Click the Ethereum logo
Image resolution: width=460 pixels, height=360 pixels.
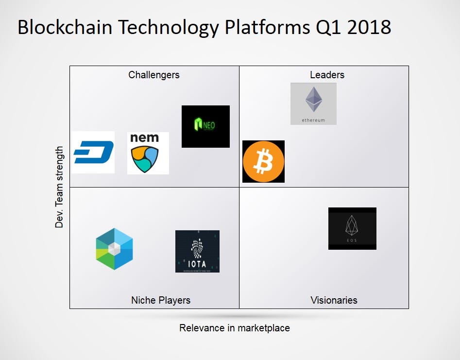tap(313, 103)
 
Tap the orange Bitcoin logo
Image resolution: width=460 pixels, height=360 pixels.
tap(263, 161)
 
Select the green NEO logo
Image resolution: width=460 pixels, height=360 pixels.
tap(205, 126)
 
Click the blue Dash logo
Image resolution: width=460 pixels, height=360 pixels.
tap(93, 152)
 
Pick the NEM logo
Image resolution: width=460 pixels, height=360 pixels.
tap(148, 153)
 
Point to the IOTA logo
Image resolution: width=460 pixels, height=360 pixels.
tap(197, 251)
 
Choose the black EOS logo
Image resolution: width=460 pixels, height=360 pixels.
tap(352, 228)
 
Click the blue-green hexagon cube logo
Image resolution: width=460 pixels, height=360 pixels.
tap(114, 249)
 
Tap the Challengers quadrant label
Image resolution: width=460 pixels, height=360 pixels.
tap(154, 75)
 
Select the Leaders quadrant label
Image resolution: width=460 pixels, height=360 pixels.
tap(327, 75)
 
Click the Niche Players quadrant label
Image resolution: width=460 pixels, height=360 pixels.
tap(161, 300)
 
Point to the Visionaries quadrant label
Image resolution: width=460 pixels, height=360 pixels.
tap(334, 300)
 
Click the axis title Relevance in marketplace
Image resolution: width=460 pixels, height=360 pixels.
tap(235, 328)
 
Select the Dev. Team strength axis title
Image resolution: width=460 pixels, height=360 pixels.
tap(59, 187)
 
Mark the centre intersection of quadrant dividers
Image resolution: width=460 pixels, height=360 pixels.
tap(239, 187)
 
